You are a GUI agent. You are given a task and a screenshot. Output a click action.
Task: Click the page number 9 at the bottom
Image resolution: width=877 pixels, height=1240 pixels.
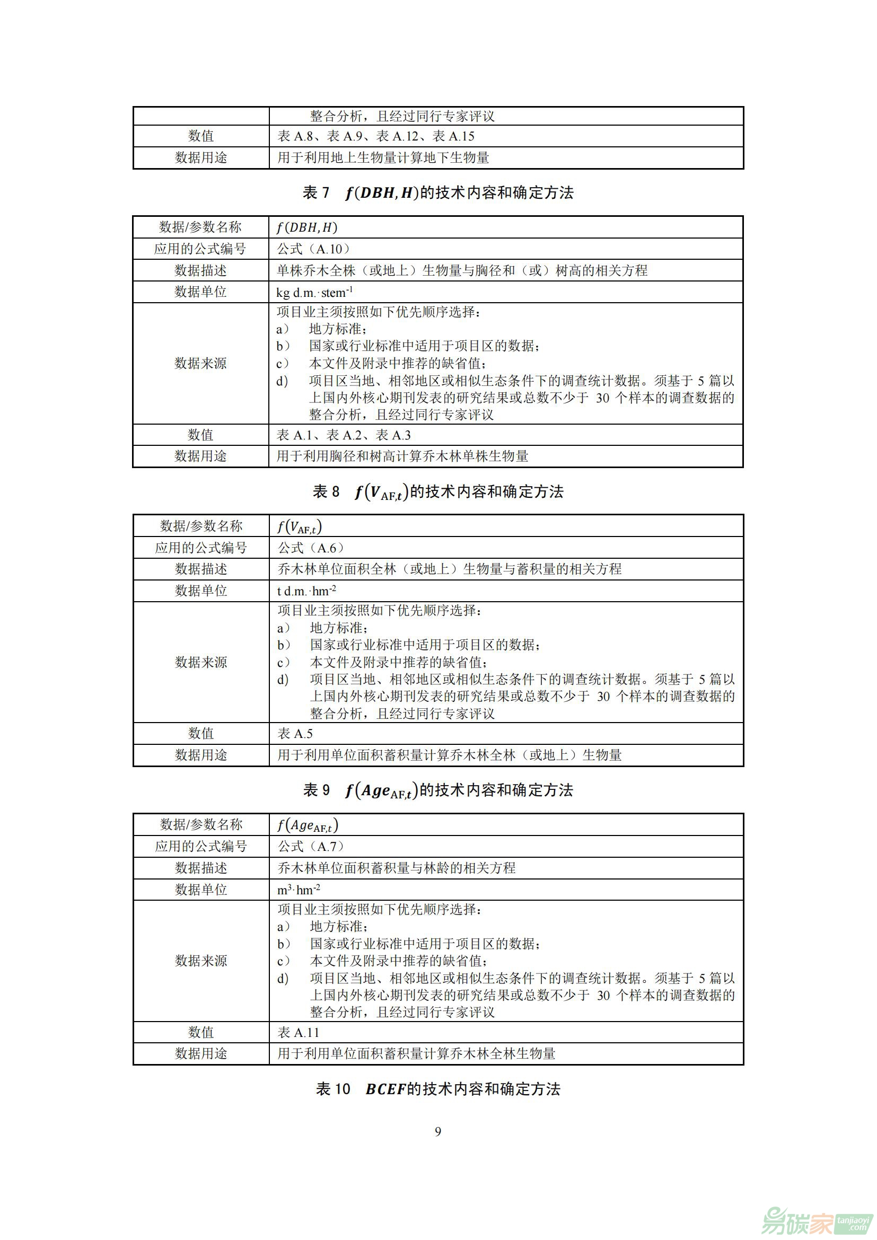tap(438, 1131)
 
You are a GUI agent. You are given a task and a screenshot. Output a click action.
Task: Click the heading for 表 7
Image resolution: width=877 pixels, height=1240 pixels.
tap(438, 193)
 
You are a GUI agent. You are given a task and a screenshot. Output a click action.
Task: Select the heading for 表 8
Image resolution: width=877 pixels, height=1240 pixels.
tap(438, 491)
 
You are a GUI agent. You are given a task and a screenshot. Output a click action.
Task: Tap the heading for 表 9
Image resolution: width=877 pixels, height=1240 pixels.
tap(438, 790)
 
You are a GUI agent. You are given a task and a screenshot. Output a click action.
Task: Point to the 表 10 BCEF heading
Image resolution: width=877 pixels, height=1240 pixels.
tap(438, 1089)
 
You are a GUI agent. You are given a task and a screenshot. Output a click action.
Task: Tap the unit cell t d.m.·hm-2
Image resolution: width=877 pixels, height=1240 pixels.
tap(306, 591)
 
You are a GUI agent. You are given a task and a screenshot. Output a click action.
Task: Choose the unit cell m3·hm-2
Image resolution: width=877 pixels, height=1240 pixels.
tap(299, 890)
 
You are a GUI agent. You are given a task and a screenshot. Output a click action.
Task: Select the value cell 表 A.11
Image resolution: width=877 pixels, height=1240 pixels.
tap(298, 1032)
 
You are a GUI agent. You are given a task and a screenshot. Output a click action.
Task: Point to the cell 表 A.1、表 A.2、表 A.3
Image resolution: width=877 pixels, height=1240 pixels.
tap(344, 435)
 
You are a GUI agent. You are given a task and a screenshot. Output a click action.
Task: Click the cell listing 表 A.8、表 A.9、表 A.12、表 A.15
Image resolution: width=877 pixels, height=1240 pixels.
tap(376, 136)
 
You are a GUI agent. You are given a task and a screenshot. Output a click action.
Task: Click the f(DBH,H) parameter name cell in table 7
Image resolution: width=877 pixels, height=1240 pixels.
tap(306, 227)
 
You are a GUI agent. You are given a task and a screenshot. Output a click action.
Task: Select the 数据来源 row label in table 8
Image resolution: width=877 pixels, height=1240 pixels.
tap(201, 662)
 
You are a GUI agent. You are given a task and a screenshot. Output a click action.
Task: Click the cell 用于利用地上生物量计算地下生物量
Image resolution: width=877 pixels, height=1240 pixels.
tap(383, 157)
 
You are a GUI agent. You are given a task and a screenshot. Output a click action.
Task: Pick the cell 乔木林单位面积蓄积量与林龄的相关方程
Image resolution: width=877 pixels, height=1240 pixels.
tap(397, 868)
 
